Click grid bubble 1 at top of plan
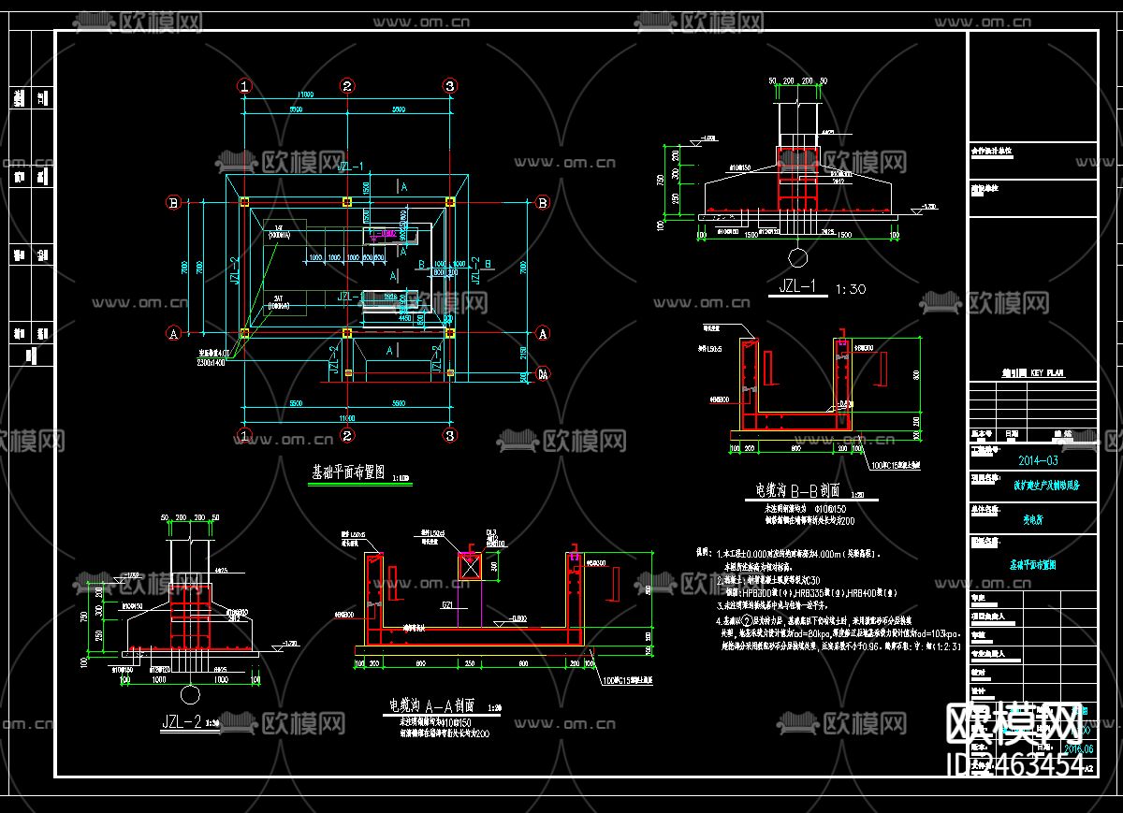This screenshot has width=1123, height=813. tap(244, 86)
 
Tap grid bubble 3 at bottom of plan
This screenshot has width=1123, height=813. tap(449, 435)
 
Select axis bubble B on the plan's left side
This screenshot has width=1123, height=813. tap(173, 202)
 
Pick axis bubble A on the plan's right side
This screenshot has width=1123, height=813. tap(541, 332)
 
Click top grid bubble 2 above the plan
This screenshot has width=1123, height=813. tap(347, 86)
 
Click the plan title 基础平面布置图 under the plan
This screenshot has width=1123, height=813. tap(347, 473)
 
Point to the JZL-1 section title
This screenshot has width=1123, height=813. tap(796, 288)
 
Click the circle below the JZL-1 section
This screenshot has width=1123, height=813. tap(797, 256)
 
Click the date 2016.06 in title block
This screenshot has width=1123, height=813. tap(1079, 748)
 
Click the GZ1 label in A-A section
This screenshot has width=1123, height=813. tap(451, 606)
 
